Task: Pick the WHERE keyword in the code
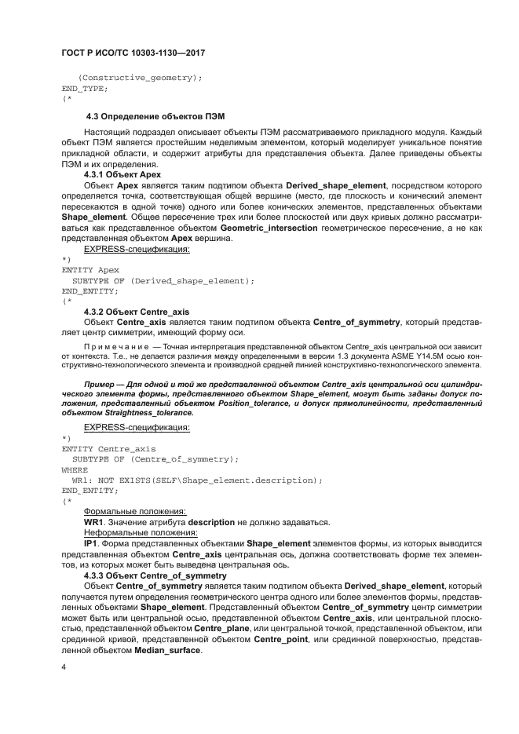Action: pyautogui.click(x=76, y=469)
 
